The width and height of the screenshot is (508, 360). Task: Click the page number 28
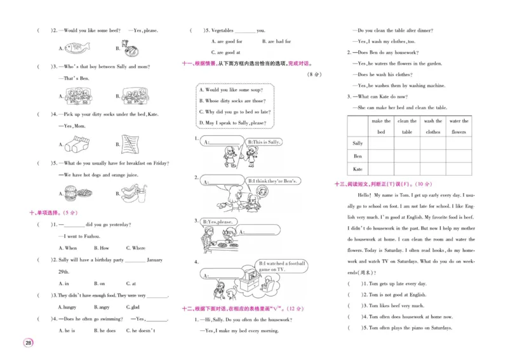coord(28,343)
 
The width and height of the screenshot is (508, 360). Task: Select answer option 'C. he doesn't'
coord(143,330)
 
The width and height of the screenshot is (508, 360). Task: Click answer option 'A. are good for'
coord(226,41)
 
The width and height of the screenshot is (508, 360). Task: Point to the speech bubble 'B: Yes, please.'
coord(218,222)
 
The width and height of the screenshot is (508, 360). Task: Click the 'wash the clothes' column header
coord(433,126)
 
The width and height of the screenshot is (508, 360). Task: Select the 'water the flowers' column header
coord(458,126)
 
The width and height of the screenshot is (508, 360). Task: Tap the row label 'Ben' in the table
coord(358,156)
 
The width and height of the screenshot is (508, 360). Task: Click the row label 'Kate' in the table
coord(358,169)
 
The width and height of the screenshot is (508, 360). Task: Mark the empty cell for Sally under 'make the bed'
coord(381,143)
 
